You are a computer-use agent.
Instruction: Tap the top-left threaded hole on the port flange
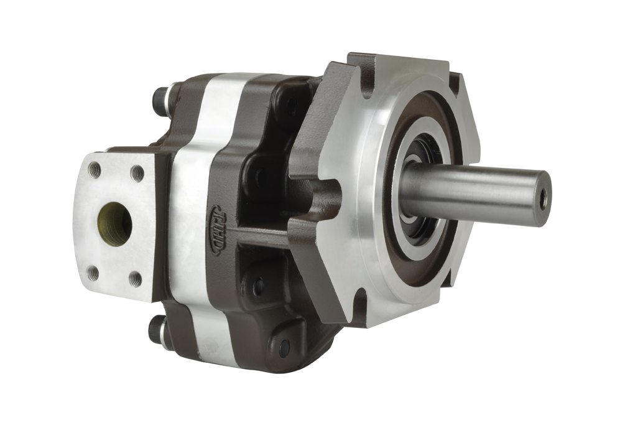tap(95, 170)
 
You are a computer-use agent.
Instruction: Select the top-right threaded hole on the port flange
tap(137, 174)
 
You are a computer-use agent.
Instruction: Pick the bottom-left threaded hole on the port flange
tap(93, 273)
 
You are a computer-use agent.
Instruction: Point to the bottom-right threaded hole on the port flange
tap(135, 278)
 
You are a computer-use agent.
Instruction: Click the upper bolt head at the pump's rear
tap(160, 101)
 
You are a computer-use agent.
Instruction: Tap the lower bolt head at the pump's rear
tap(156, 330)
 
